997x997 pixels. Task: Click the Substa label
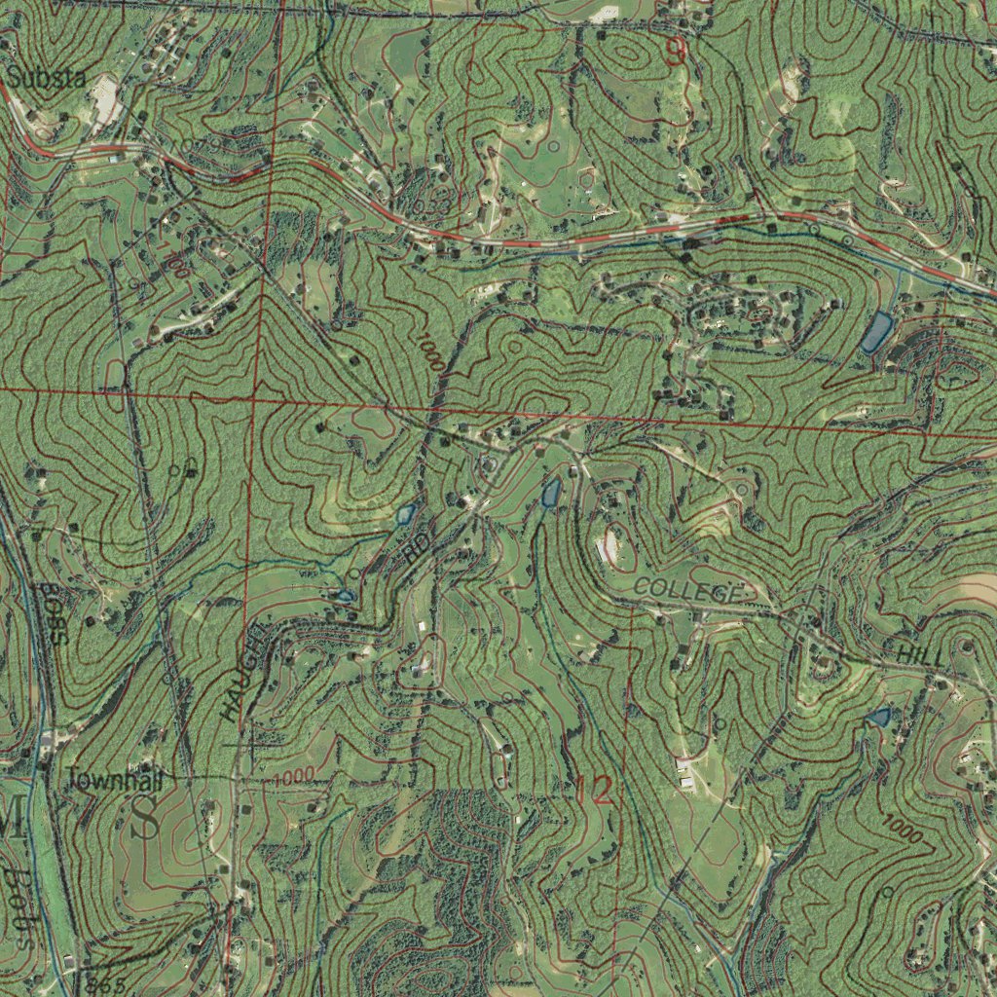[48, 77]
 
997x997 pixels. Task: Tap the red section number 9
[675, 52]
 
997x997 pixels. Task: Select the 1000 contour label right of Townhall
[293, 776]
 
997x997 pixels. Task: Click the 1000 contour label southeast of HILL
[903, 829]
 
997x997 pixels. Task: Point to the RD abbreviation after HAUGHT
[414, 550]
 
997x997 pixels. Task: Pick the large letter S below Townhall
[147, 817]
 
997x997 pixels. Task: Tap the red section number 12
[594, 791]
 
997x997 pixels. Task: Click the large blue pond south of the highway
[876, 332]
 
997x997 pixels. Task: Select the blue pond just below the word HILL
[878, 718]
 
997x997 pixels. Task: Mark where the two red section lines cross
[253, 398]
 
